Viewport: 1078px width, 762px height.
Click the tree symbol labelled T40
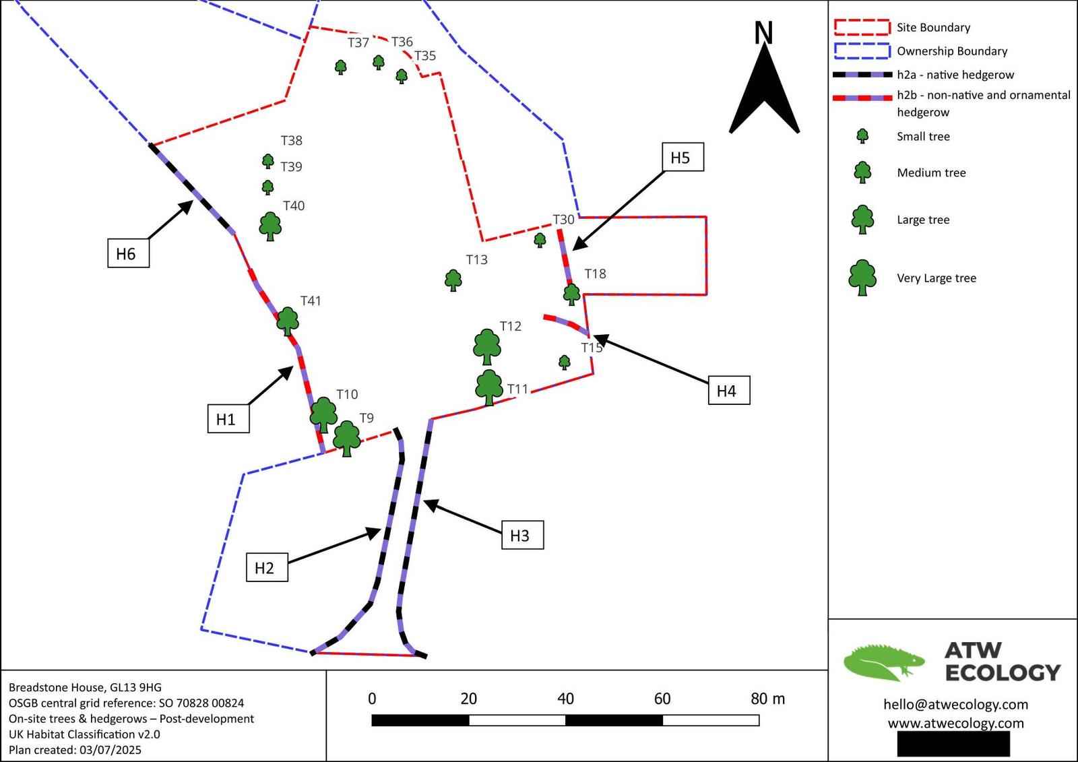pos(270,226)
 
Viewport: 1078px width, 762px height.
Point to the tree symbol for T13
pos(453,280)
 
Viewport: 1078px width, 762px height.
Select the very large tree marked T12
pos(486,346)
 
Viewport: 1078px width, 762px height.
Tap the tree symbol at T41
pos(288,321)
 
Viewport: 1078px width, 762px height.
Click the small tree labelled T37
pos(341,67)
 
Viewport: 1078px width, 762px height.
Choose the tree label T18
pos(595,274)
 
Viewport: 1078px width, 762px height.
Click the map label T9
pos(366,418)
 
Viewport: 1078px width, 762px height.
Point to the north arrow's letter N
pos(763,33)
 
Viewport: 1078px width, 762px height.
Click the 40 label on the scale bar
pos(565,699)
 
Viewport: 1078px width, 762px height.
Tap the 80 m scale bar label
pos(767,699)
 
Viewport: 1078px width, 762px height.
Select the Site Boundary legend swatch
pos(862,27)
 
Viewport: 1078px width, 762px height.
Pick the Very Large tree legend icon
pos(862,278)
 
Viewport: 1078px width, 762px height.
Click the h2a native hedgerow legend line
pos(862,75)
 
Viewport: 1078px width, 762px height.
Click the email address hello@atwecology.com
pos(955,704)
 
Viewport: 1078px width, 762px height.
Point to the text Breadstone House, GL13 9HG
pos(85,687)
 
